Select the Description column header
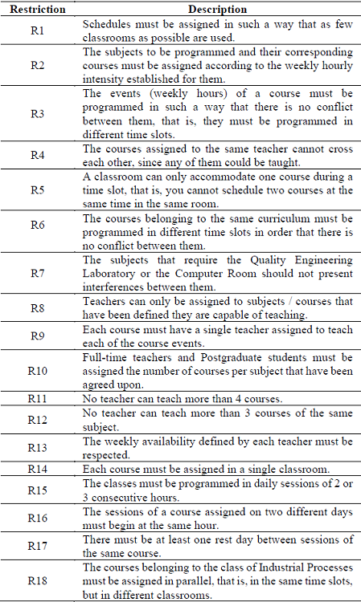(x=217, y=10)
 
